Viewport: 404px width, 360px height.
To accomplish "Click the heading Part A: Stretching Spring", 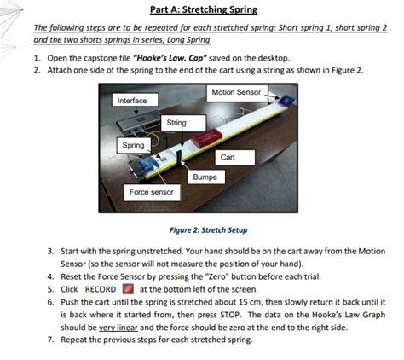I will click(201, 10).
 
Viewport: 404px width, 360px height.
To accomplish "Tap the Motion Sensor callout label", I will click(235, 91).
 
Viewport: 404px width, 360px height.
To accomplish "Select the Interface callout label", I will click(132, 101).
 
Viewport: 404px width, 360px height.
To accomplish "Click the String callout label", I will click(176, 123).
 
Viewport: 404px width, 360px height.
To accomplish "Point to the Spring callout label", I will click(133, 146).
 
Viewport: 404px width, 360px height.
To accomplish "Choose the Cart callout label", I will click(228, 158).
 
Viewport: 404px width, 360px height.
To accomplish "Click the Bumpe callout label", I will click(205, 177).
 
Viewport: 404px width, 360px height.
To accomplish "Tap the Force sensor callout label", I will click(151, 193).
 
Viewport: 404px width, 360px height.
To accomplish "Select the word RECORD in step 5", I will click(100, 289).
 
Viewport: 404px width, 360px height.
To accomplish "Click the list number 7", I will click(50, 339).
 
